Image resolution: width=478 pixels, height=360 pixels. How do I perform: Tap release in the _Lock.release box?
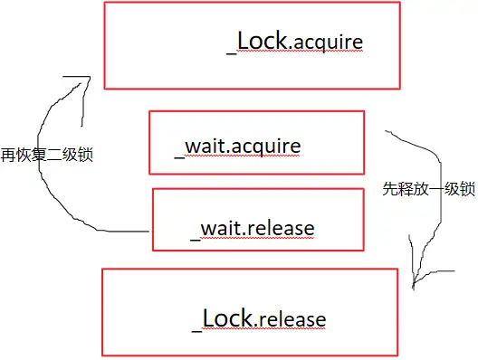point(293,319)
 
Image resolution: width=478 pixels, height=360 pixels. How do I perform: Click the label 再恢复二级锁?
point(49,155)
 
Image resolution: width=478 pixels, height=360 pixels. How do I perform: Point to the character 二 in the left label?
point(56,155)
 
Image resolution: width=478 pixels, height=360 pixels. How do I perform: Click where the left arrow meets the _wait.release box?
point(150,231)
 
